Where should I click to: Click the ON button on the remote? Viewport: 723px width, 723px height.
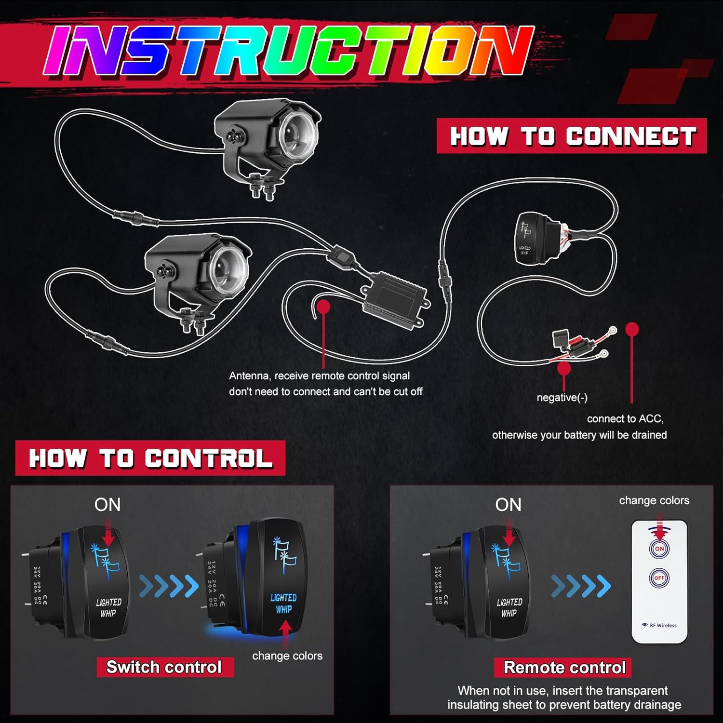pos(659,549)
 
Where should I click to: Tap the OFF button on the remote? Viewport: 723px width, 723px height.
pos(659,577)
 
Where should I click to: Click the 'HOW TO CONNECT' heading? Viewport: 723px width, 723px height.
pos(572,136)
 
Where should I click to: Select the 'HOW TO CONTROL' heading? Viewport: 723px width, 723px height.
pos(150,458)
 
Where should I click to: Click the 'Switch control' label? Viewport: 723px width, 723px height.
pos(164,667)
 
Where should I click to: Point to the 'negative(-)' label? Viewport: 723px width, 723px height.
pos(562,398)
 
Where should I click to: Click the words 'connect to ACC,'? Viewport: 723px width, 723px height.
pos(625,419)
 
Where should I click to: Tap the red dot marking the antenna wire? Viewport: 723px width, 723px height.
pos(323,306)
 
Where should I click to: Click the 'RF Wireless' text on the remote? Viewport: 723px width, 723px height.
pos(662,626)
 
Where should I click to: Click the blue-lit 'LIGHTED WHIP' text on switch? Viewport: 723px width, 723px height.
pos(283,603)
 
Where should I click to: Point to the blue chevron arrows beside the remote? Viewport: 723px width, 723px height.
pos(581,586)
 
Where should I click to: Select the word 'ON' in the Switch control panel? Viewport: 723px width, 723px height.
pos(107,505)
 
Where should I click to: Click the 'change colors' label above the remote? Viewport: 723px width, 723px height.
pos(654,500)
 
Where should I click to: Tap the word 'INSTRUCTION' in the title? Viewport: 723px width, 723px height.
pos(289,51)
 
